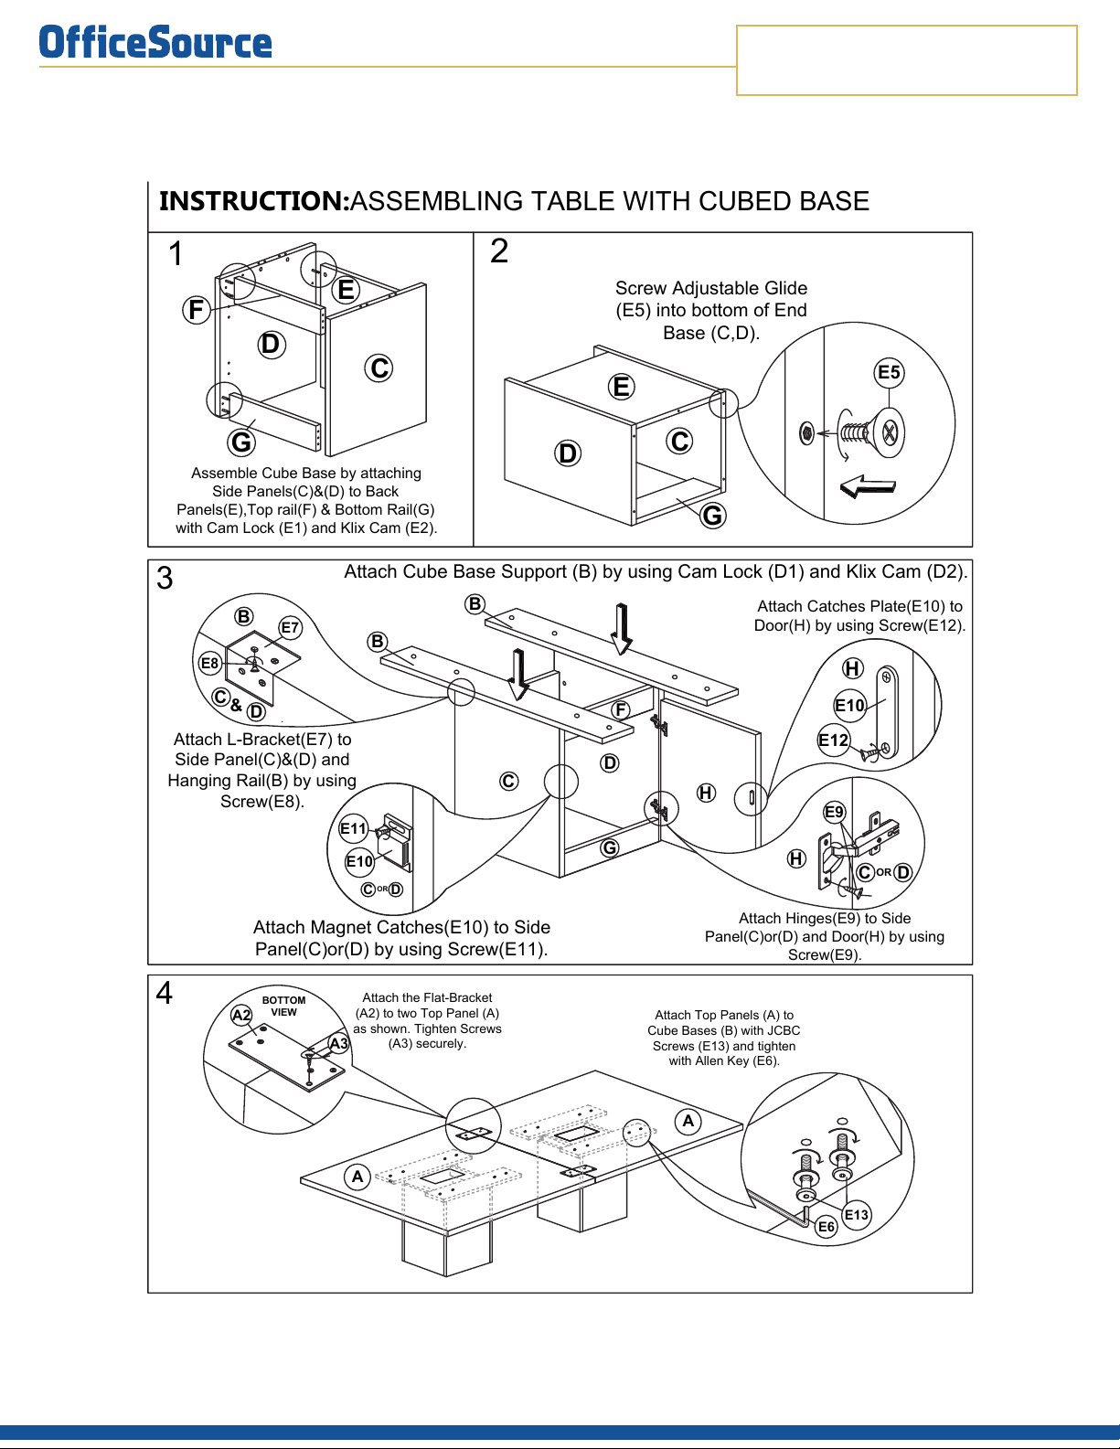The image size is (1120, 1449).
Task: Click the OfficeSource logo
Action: click(155, 43)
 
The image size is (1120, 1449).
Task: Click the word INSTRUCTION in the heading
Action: click(254, 201)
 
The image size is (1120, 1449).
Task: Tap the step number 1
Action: click(176, 254)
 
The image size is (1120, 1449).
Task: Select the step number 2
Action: click(499, 251)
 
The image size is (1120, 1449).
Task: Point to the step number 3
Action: click(165, 579)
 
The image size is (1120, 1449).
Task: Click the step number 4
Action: click(164, 993)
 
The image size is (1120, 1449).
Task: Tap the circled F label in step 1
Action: click(196, 310)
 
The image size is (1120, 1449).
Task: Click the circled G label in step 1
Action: click(241, 442)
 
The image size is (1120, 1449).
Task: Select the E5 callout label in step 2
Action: click(889, 372)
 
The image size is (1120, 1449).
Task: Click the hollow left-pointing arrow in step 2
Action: click(867, 485)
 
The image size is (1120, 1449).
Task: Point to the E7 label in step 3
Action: click(290, 628)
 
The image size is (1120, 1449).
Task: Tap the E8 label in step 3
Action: click(210, 664)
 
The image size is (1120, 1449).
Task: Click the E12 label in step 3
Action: click(834, 740)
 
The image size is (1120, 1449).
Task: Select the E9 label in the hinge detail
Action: click(834, 812)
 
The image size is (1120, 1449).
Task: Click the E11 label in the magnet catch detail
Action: click(353, 829)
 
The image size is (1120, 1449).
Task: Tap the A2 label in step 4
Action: click(241, 1015)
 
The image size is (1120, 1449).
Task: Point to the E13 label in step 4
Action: click(857, 1215)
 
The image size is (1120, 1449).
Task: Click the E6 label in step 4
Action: click(827, 1227)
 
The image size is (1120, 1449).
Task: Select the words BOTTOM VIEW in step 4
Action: click(283, 1006)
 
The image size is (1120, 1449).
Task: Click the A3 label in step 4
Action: click(339, 1043)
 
